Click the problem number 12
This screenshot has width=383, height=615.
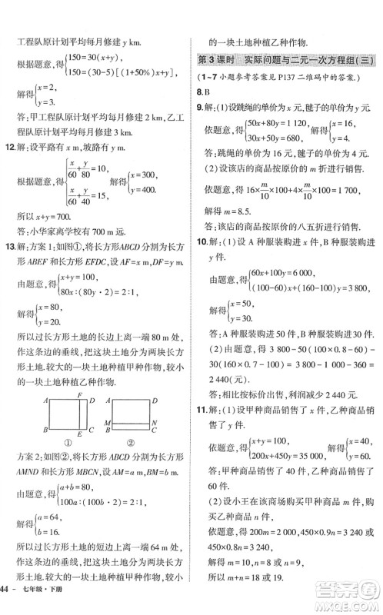(10, 159)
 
